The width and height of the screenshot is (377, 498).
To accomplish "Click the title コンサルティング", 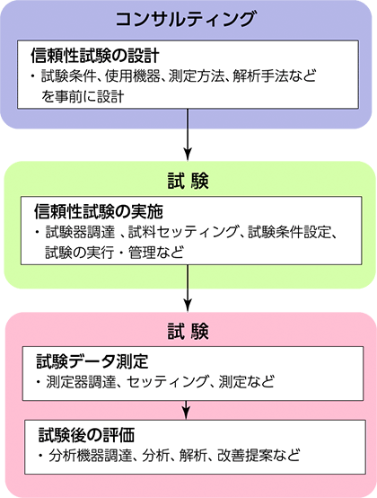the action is click(186, 20).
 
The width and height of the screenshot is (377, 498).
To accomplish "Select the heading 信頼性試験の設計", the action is click(95, 56).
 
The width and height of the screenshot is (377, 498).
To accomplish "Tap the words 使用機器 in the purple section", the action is click(132, 76).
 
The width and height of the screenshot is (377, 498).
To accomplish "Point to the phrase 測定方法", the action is click(196, 76).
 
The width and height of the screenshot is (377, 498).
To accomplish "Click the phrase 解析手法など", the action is click(275, 76).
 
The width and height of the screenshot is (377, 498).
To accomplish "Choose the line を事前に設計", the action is click(83, 96).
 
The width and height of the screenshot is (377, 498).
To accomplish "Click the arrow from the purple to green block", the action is click(188, 135).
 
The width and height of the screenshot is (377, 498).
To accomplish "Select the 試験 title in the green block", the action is click(188, 182).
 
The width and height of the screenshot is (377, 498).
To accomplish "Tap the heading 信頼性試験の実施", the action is click(99, 212).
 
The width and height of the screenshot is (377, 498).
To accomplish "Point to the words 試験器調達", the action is click(80, 232).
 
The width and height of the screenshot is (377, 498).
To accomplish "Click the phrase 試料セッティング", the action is click(183, 232).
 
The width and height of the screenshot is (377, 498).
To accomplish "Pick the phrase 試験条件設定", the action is click(289, 232).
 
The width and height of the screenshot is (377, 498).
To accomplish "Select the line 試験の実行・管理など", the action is click(115, 253).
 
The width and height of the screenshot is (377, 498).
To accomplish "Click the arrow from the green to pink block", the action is click(188, 288).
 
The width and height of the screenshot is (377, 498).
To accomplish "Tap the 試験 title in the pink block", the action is click(188, 332).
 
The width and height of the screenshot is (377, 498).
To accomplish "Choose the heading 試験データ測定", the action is click(92, 361).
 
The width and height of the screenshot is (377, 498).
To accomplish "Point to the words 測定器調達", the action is click(81, 382).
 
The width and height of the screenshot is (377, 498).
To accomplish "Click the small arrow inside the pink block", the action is click(186, 410).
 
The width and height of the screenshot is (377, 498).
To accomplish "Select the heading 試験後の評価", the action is click(87, 435).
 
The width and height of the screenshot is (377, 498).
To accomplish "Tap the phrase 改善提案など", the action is click(259, 456).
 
